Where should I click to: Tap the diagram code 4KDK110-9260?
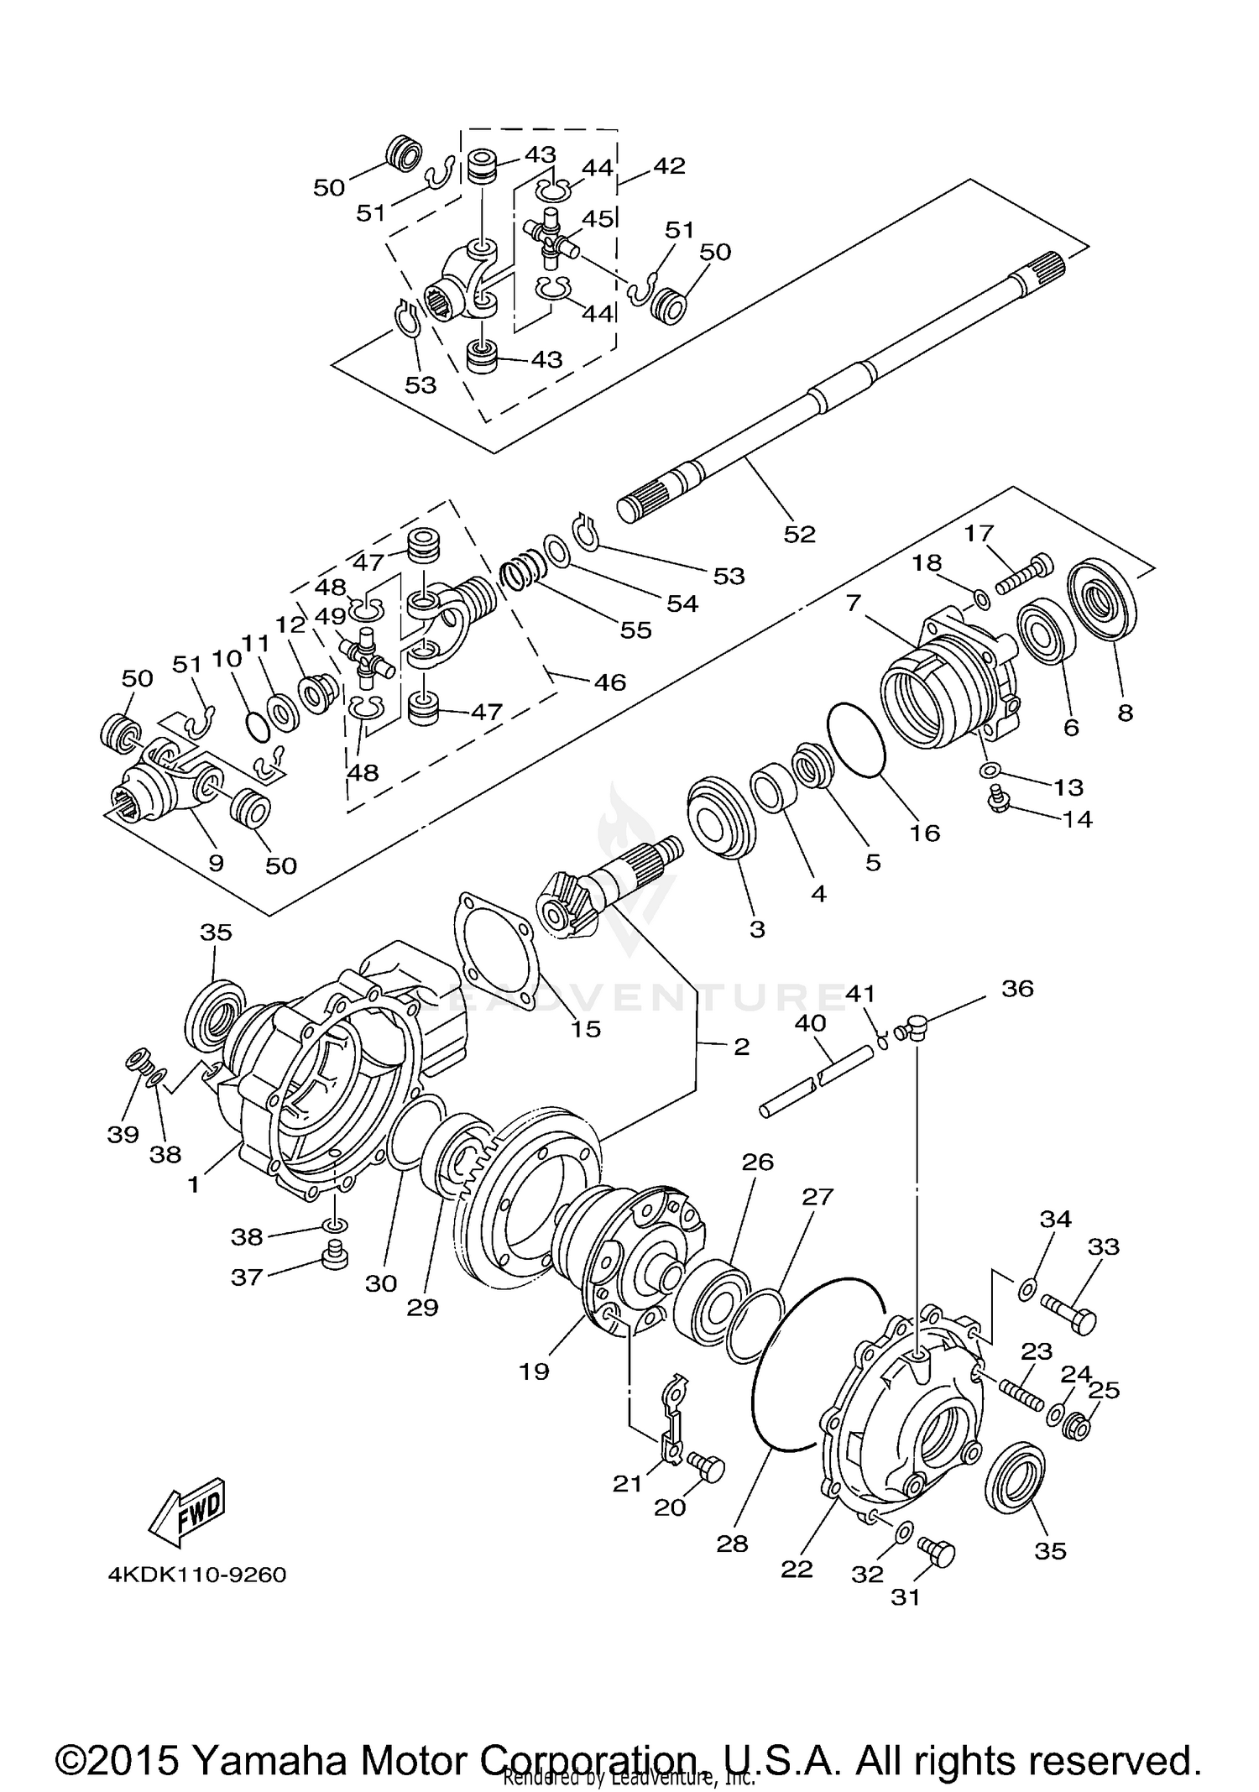click(197, 1575)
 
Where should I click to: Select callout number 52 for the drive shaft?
click(799, 534)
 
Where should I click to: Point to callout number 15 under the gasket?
click(586, 1029)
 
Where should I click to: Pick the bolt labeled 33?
click(1069, 1309)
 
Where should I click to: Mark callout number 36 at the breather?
click(1017, 989)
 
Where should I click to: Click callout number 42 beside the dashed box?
click(668, 165)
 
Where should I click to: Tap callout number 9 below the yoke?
click(216, 862)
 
